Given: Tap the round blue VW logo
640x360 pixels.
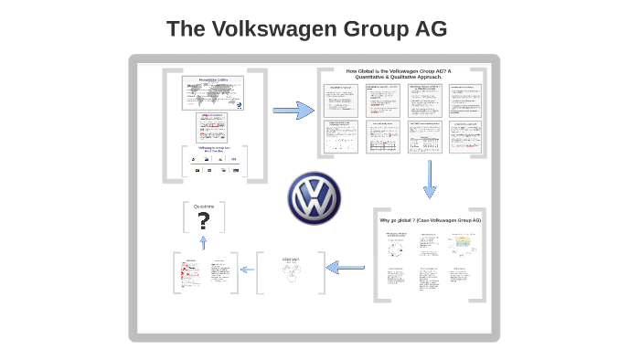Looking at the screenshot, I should [314, 197].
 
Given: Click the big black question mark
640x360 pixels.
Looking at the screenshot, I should [203, 221].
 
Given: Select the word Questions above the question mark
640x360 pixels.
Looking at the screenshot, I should [203, 206].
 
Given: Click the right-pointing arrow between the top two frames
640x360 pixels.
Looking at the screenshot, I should [293, 111].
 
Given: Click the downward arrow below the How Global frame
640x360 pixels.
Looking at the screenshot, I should [429, 179].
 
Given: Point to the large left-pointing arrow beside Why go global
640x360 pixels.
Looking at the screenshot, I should [346, 268].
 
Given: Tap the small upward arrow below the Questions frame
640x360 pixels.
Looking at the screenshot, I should [203, 242].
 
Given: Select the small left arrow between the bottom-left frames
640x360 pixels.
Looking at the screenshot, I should [247, 270].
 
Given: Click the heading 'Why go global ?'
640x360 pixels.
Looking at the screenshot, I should [430, 220].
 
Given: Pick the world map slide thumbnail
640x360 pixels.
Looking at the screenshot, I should [214, 92].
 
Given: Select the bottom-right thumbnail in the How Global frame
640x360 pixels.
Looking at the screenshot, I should [466, 136].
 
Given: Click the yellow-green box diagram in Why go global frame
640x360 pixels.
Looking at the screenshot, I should [463, 244].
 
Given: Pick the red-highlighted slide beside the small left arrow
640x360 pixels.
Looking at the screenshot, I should [192, 272].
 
